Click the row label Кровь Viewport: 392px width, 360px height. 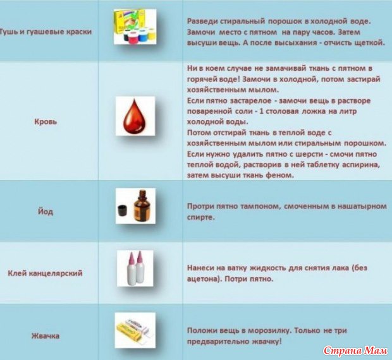(46, 122)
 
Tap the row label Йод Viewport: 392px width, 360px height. (46, 212)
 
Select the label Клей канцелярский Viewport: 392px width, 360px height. (46, 273)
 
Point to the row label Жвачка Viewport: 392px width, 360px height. (46, 336)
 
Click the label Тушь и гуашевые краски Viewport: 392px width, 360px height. (46, 32)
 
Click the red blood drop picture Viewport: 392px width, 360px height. (135, 116)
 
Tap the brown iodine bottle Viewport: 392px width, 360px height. (142, 206)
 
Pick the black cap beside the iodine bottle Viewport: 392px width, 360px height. (123, 210)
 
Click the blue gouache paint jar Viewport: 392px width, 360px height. (143, 36)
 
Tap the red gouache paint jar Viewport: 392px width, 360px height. (133, 38)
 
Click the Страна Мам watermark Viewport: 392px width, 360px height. (355, 351)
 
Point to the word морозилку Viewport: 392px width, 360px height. (269, 330)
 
